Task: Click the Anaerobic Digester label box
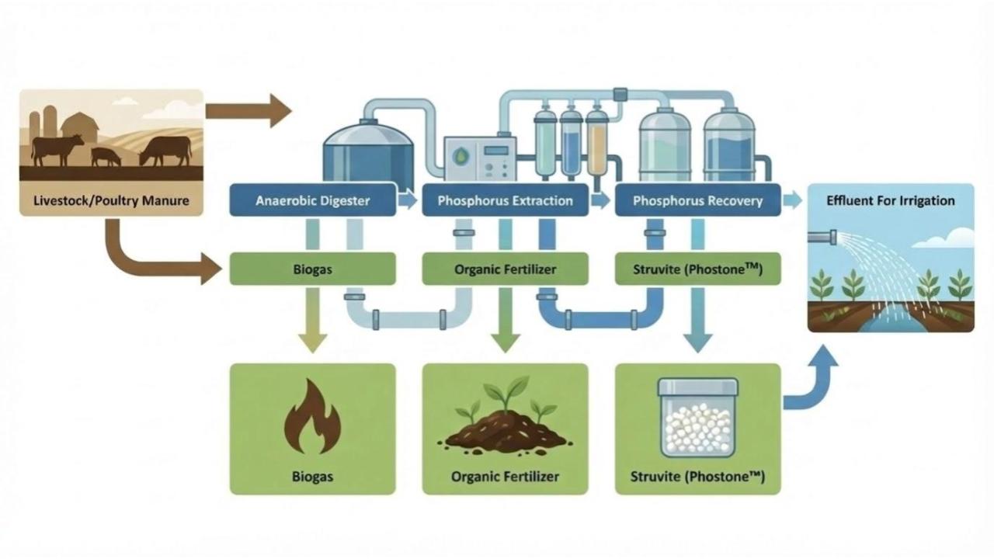(x=312, y=200)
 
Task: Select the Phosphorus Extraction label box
(x=505, y=200)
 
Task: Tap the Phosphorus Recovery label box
(x=697, y=200)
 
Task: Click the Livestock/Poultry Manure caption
(x=111, y=200)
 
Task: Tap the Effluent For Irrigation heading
(x=891, y=200)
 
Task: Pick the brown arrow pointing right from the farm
(x=248, y=109)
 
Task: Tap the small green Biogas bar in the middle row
(x=312, y=270)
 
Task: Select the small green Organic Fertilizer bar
(x=505, y=270)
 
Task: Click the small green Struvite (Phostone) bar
(x=697, y=270)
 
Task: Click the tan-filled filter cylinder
(x=596, y=143)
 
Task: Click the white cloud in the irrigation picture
(x=952, y=238)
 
